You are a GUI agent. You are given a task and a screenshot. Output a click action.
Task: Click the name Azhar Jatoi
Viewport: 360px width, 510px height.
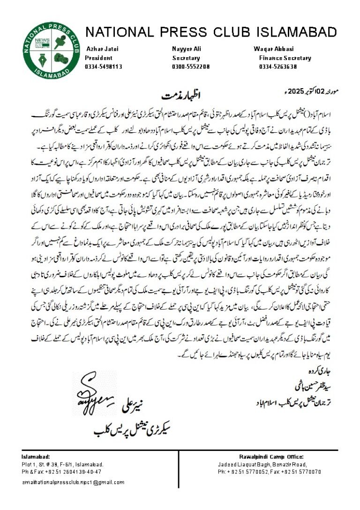pyautogui.click(x=100, y=49)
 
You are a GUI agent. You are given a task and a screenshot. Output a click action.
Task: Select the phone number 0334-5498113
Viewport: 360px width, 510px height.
pyautogui.click(x=103, y=67)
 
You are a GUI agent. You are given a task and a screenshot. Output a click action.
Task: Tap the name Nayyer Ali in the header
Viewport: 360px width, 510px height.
pyautogui.click(x=187, y=49)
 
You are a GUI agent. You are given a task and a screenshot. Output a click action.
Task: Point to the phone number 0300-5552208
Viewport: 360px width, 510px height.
pyautogui.click(x=191, y=67)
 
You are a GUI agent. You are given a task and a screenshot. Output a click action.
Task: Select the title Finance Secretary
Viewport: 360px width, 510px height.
pyautogui.click(x=285, y=58)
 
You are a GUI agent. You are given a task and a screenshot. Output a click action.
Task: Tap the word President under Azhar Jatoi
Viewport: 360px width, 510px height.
pyautogui.click(x=98, y=58)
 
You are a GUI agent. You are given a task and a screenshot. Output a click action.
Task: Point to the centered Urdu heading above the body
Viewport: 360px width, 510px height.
pyautogui.click(x=178, y=95)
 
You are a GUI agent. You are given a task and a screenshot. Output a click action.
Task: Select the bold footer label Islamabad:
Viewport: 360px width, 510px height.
pyautogui.click(x=36, y=457)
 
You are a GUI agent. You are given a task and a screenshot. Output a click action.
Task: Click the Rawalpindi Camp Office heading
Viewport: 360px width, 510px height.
pyautogui.click(x=269, y=457)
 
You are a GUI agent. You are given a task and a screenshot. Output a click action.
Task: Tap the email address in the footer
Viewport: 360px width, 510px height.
pyautogui.click(x=73, y=482)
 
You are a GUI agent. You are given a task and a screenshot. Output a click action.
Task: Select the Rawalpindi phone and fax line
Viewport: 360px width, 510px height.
pyautogui.click(x=269, y=472)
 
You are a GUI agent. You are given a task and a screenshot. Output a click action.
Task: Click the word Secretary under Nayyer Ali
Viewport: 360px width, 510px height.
pyautogui.click(x=186, y=58)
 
